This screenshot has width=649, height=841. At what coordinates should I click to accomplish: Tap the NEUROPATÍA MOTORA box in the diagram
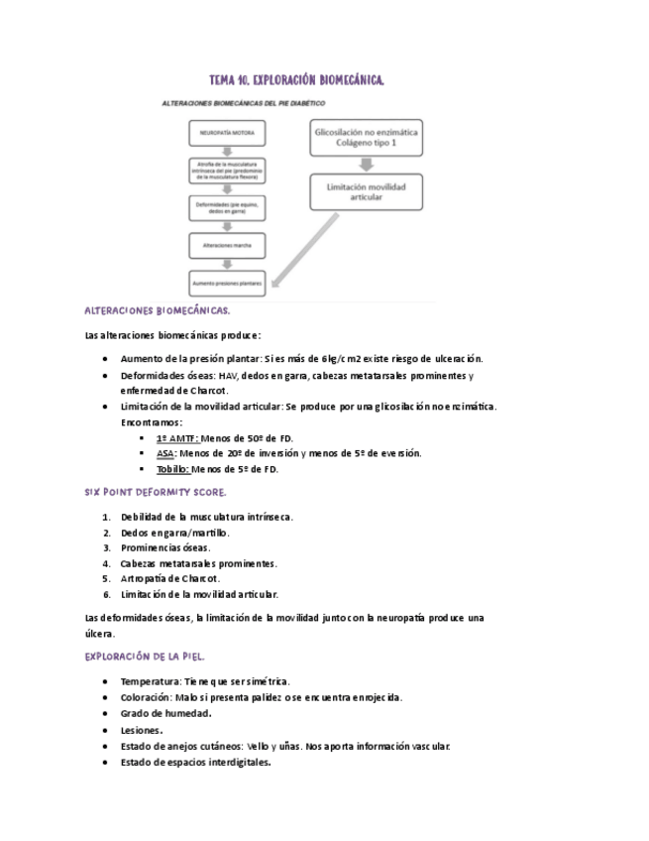point(227,131)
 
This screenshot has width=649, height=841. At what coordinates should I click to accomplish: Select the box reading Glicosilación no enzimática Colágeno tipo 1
point(366,138)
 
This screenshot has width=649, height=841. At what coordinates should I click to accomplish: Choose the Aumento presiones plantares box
point(227,283)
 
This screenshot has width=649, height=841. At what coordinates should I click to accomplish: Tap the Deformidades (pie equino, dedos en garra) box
point(227,207)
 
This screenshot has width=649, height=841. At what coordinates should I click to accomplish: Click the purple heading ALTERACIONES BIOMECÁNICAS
point(158,310)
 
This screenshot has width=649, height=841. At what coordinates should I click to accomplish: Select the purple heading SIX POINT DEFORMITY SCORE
point(156,492)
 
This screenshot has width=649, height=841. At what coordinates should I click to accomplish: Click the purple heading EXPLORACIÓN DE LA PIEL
point(146,657)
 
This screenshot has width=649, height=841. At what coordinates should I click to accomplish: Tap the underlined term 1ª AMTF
point(177,437)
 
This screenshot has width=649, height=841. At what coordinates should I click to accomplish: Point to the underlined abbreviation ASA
point(165,453)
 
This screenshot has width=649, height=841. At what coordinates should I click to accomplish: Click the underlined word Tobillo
point(172,469)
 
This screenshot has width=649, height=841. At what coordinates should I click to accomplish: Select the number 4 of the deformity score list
point(106,563)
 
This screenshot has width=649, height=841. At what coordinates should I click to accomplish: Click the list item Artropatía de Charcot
point(170,578)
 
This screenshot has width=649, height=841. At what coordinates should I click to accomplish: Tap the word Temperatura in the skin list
point(150,681)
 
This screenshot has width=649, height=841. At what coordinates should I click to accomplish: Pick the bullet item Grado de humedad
point(165,713)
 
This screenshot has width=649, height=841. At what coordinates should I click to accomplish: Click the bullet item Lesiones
point(142,730)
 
